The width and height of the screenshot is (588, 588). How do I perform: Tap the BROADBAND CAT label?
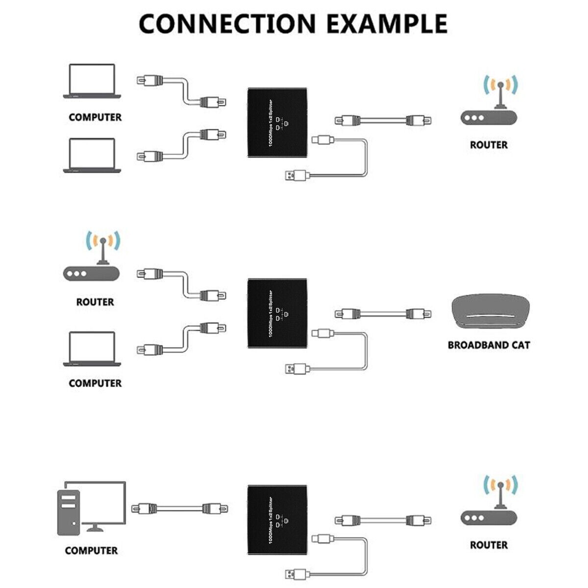489,345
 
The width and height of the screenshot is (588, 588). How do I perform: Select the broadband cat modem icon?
489,314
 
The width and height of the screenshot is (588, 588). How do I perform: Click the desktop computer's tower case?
68,512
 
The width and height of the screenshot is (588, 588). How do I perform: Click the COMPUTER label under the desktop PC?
91,551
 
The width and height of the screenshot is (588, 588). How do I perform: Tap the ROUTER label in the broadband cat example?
95,302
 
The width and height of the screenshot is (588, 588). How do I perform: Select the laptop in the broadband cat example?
92,350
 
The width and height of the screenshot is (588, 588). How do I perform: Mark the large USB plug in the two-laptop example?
296,175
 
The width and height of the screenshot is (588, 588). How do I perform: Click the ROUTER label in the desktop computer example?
489,545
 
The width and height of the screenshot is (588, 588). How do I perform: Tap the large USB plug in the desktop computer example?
296,574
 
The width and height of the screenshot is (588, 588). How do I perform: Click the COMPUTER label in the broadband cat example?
95,383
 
